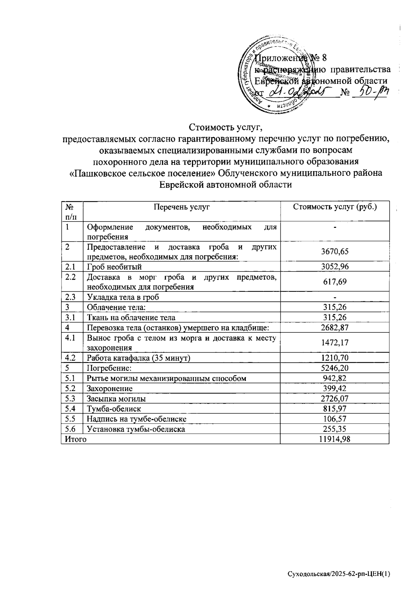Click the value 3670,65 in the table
[x=335, y=252]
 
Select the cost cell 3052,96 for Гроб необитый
[x=335, y=267]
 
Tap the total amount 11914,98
[x=335, y=439]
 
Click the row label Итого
[x=74, y=439]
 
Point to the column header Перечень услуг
[x=182, y=207]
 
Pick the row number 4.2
[x=70, y=358]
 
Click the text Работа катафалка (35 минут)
[x=139, y=358]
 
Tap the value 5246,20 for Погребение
[x=335, y=368]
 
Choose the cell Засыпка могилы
[x=116, y=398]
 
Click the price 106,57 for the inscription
[x=335, y=419]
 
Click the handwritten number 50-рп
[x=371, y=93]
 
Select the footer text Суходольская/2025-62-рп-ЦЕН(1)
[x=338, y=574]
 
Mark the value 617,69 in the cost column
[x=335, y=282]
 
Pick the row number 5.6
[x=70, y=429]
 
